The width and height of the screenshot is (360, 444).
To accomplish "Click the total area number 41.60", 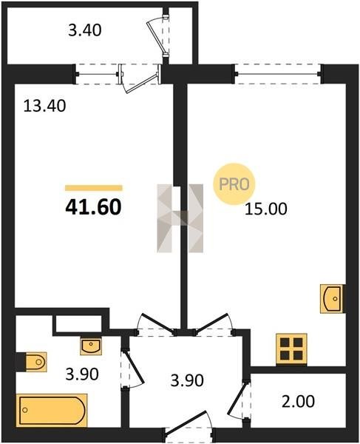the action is [93, 207].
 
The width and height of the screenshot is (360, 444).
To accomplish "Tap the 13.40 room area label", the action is [44, 106].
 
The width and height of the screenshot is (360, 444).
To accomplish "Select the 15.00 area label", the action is [266, 209].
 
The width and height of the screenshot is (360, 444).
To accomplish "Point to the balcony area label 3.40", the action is [85, 30].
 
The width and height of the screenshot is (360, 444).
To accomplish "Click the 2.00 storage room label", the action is [298, 402].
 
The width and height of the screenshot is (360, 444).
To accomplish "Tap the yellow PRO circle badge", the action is [234, 184].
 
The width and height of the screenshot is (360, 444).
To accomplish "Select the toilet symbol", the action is [35, 362].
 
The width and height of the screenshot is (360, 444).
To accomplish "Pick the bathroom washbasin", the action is [91, 346].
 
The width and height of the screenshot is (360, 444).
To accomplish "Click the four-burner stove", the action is [291, 349].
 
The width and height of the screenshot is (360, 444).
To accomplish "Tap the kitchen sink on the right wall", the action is [331, 299].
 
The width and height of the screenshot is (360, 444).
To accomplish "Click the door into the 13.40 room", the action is [156, 325].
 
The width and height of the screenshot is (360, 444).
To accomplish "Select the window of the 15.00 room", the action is [278, 74].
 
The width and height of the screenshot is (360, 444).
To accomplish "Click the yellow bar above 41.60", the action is [94, 188].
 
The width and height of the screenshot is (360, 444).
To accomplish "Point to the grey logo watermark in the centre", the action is [180, 218].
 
